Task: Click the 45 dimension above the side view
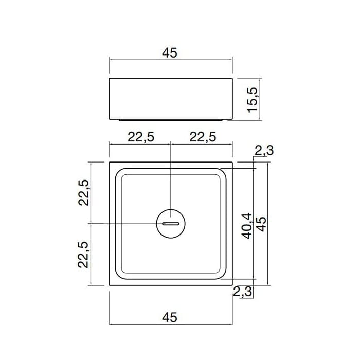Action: pyautogui.click(x=170, y=53)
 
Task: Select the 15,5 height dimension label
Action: pyautogui.click(x=253, y=100)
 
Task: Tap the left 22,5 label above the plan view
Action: pyautogui.click(x=141, y=137)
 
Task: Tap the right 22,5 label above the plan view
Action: pyautogui.click(x=203, y=137)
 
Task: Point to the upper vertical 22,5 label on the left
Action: pyautogui.click(x=83, y=192)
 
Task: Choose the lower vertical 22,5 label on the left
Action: pyautogui.click(x=83, y=255)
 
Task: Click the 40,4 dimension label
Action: pyautogui.click(x=247, y=226)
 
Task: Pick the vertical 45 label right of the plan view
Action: pyautogui.click(x=261, y=224)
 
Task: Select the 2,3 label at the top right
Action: pyautogui.click(x=264, y=151)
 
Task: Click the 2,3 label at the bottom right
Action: pyautogui.click(x=242, y=292)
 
